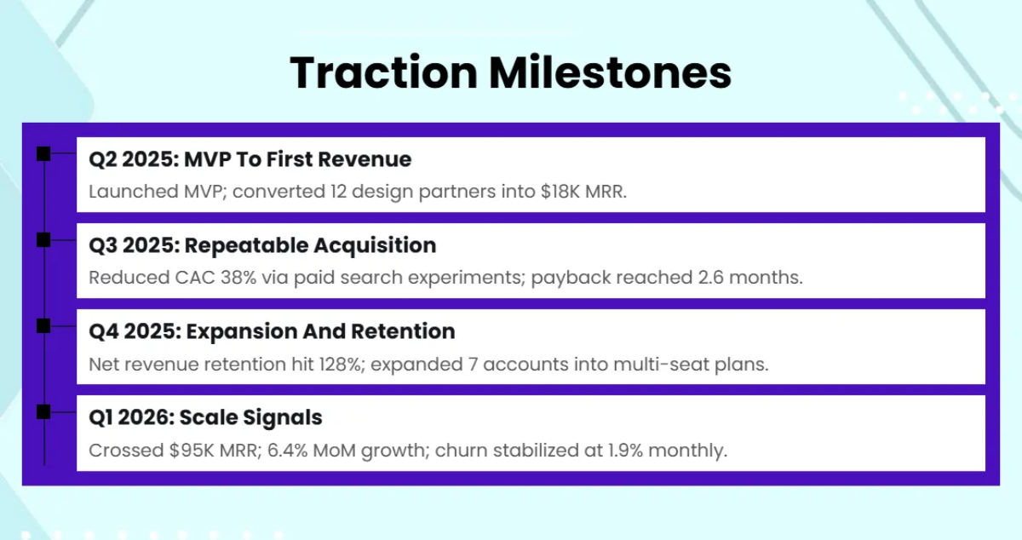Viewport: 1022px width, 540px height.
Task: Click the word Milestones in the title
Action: pyautogui.click(x=609, y=72)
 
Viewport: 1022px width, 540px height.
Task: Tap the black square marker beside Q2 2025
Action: pyautogui.click(x=43, y=153)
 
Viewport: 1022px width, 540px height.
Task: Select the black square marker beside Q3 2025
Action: pyautogui.click(x=43, y=239)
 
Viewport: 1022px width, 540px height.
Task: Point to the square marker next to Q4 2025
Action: pyautogui.click(x=43, y=325)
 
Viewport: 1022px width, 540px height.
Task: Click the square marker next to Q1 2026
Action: pyautogui.click(x=43, y=411)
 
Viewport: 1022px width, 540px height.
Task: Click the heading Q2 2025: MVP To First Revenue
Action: pyautogui.click(x=250, y=159)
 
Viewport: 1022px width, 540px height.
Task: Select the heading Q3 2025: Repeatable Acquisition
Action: pyautogui.click(x=262, y=245)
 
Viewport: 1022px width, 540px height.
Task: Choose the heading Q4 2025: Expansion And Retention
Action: pyautogui.click(x=272, y=331)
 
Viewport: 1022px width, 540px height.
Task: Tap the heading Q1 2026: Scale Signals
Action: pyautogui.click(x=205, y=417)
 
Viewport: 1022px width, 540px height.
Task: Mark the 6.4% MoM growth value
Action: pyautogui.click(x=289, y=450)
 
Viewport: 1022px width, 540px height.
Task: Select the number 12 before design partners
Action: pyautogui.click(x=338, y=192)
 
